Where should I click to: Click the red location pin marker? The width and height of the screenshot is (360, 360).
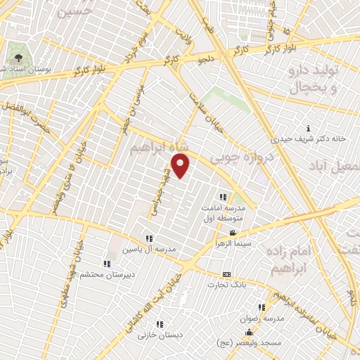(x=181, y=166)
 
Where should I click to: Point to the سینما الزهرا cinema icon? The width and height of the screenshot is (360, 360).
(x=232, y=233)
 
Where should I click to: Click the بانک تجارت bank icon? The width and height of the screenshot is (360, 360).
(x=226, y=274)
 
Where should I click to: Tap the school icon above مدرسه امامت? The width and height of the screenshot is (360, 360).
(x=223, y=197)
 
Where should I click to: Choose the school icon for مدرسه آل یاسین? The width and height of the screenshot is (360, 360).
(x=149, y=238)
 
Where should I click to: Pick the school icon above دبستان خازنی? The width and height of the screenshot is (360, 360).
(x=160, y=324)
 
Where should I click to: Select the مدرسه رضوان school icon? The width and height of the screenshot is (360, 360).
(x=262, y=307)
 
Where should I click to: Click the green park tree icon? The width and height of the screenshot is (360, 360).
(x=16, y=58)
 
